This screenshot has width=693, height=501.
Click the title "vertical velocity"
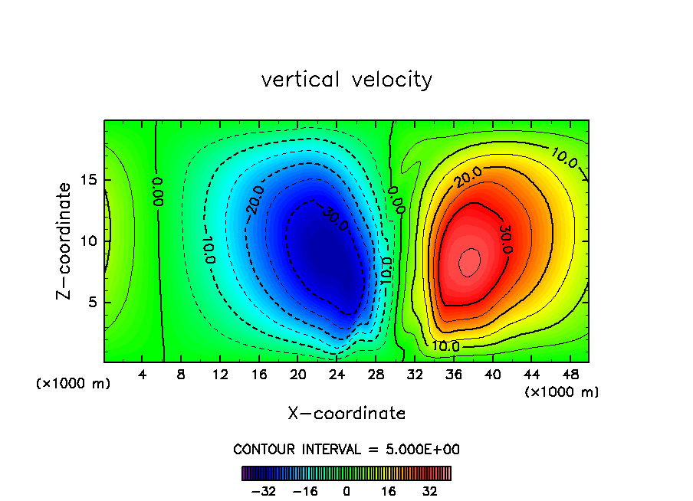point(346,80)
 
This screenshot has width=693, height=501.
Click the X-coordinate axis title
point(346,414)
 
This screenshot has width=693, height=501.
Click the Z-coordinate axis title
point(65,241)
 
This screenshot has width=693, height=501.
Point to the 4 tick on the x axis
point(143,375)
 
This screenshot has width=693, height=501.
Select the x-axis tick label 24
point(337,375)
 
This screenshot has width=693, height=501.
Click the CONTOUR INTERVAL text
point(346,450)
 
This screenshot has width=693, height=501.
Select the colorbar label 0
point(346,491)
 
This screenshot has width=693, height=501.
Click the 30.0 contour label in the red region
point(505,239)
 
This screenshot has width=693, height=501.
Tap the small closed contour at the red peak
point(469,262)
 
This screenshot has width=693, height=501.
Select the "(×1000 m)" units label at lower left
point(74,384)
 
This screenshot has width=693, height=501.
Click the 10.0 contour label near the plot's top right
point(564,159)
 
